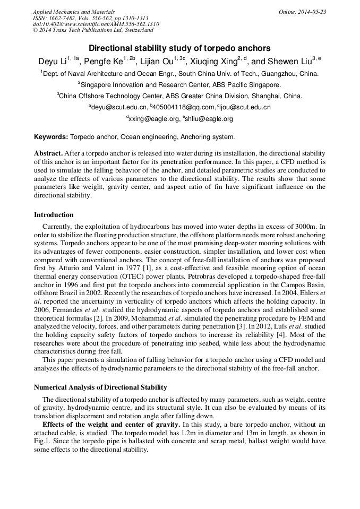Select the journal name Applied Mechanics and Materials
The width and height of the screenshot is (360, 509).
pos(73,12)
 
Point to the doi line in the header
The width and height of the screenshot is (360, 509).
pos(96,24)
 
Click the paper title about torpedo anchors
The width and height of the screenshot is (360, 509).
pos(179,48)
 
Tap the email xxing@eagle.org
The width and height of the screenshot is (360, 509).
pos(154,119)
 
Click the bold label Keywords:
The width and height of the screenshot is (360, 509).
pos(51,136)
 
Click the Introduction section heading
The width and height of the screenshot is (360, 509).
pos(54,215)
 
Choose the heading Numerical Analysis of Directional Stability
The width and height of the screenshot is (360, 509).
pos(100,387)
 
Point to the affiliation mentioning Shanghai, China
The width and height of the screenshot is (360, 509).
pos(179,96)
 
